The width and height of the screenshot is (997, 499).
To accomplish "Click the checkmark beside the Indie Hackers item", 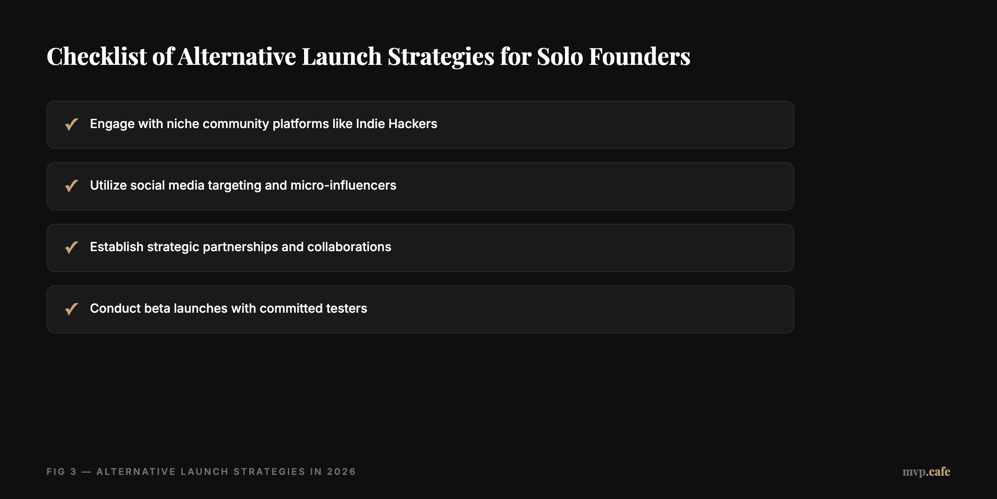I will (x=71, y=124).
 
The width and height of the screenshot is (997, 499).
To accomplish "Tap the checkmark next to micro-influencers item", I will (x=71, y=186).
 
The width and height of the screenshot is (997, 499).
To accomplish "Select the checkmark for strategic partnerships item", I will (x=71, y=247).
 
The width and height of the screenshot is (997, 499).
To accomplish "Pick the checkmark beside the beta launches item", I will (x=71, y=309).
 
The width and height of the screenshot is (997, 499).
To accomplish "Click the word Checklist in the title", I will (x=96, y=56).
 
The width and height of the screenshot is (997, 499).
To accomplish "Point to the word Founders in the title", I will (x=639, y=56).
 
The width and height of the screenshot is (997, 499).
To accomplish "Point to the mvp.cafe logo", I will (x=926, y=472).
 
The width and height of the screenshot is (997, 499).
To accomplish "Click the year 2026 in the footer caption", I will (x=341, y=472).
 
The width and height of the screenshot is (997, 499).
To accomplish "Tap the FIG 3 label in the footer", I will (x=61, y=472).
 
